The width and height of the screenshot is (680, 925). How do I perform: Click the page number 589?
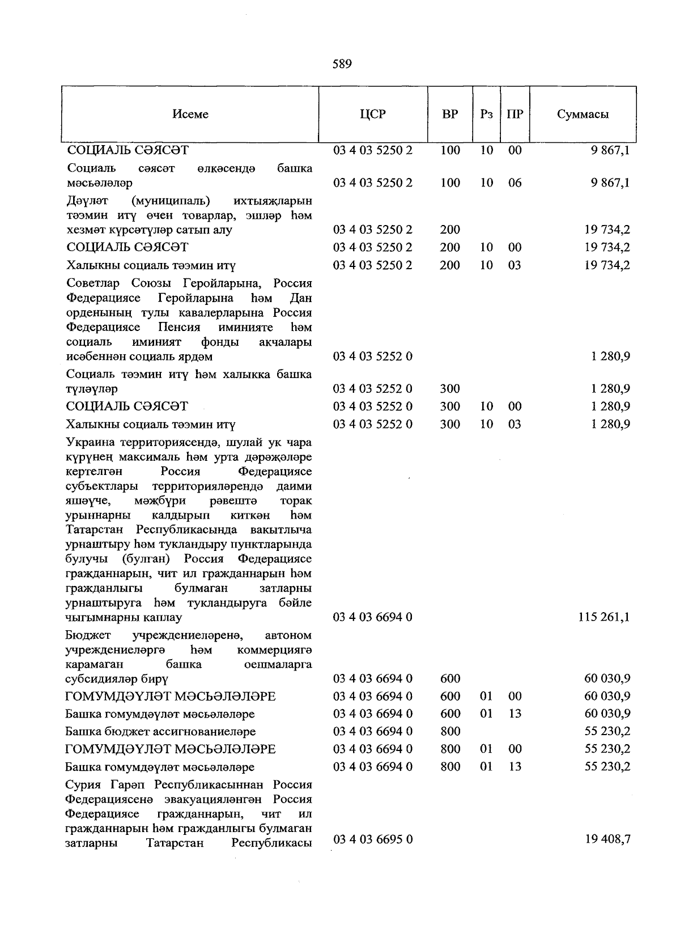[x=342, y=64]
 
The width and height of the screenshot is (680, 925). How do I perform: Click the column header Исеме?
[x=190, y=114]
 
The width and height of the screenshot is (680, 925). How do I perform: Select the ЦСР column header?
[x=372, y=114]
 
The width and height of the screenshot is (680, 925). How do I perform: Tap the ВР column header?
[x=450, y=114]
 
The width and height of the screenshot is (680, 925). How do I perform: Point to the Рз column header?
[x=486, y=114]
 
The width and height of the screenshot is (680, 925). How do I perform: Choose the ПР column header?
[x=515, y=114]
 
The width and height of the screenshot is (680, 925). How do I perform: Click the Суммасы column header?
[x=583, y=114]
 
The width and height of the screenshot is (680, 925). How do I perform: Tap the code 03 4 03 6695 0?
[x=372, y=839]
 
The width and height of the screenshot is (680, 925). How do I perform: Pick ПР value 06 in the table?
[x=515, y=183]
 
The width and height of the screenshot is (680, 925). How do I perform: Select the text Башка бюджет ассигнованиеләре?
[x=160, y=732]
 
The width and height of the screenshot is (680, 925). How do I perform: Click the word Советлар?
[x=95, y=283]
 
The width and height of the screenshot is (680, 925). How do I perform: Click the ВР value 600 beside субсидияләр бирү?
[x=450, y=678]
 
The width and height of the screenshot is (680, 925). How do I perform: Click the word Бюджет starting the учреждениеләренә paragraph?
[x=88, y=635]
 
